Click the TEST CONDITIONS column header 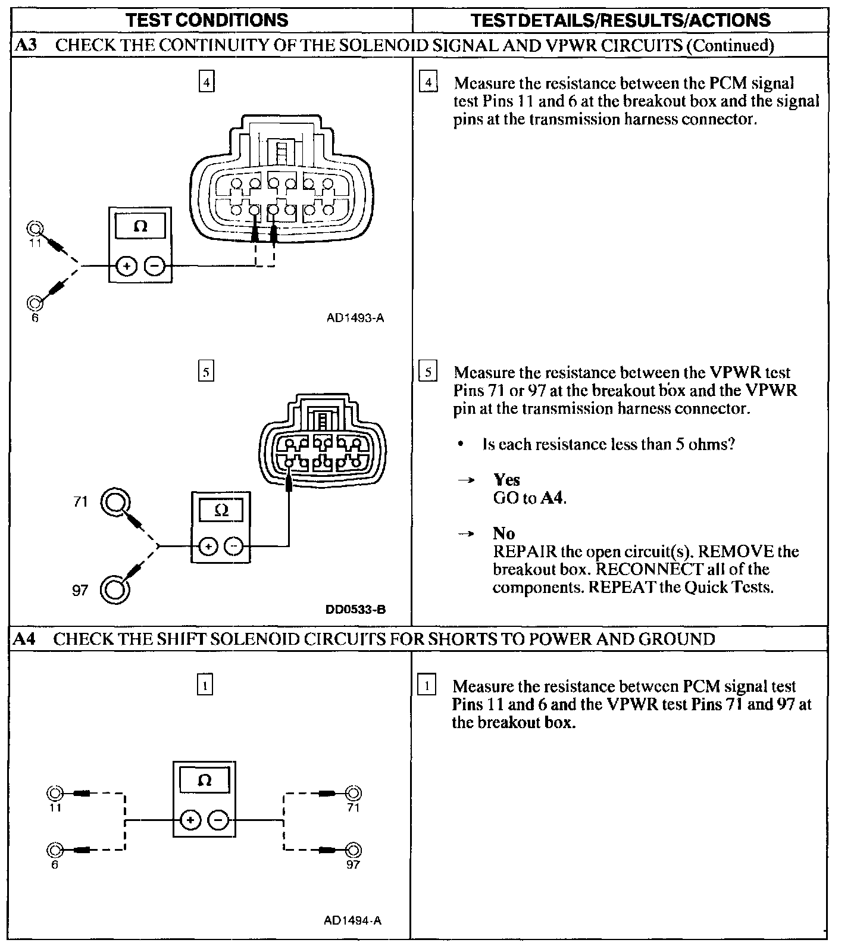(207, 20)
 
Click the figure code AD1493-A (355, 318)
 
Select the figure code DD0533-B (355, 609)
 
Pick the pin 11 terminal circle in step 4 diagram (35, 229)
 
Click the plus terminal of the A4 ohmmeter (190, 820)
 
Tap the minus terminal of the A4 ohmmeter (218, 820)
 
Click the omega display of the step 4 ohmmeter (140, 226)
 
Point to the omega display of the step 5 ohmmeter (221, 510)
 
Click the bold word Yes (506, 480)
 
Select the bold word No (503, 533)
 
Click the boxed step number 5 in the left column (206, 372)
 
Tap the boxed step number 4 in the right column (428, 83)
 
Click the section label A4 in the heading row (24, 639)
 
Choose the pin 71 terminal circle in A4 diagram (354, 793)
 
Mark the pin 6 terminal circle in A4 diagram (55, 850)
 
